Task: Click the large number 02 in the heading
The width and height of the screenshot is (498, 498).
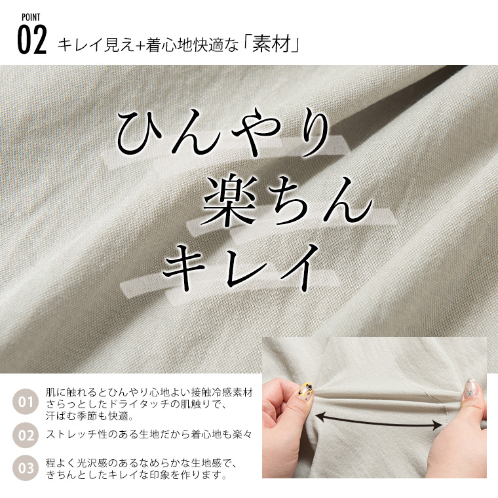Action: coord(32,40)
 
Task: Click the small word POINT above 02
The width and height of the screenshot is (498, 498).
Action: coord(31,17)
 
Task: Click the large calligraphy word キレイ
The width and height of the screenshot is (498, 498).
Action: coord(240,266)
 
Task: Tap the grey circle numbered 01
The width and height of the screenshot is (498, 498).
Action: coord(26,402)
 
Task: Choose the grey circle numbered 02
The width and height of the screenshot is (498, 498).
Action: coord(26,435)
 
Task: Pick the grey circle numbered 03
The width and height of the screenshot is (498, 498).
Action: coord(26,468)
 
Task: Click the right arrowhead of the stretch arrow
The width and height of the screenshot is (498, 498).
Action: coord(438,425)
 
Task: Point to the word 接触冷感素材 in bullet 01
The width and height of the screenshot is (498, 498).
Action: coord(221,393)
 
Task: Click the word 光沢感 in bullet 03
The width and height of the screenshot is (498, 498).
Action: coord(92,463)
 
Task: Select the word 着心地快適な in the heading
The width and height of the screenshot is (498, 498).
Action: coord(192,46)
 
